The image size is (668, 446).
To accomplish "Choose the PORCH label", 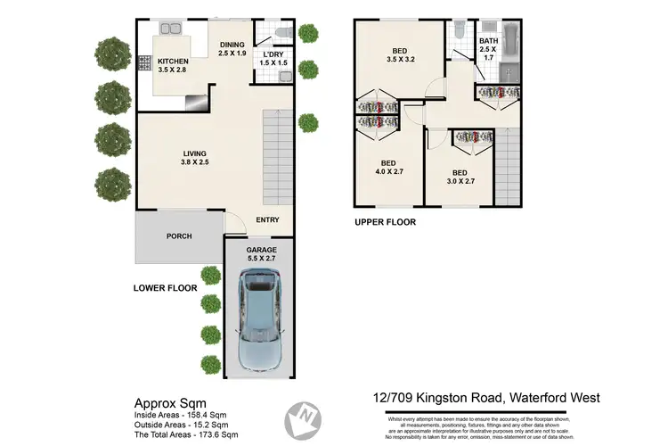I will coord(179,237).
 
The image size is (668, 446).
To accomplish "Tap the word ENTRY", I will coord(267,220).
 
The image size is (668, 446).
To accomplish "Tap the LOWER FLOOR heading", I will coord(165,287).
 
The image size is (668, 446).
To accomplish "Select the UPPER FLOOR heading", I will coord(385,222).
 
